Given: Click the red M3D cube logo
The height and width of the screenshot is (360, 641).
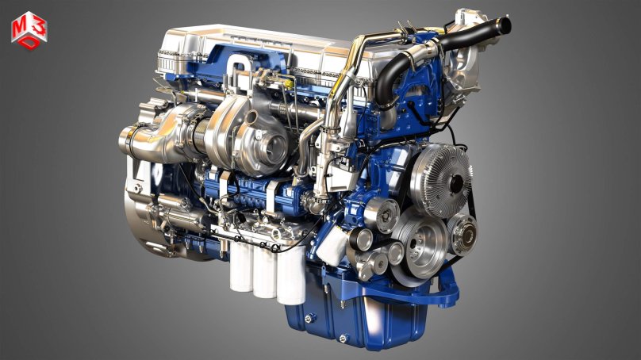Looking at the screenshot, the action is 29,31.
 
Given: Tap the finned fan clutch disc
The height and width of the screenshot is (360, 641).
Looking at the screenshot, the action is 441,180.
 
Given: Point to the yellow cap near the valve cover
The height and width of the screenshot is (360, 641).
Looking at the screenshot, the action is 289,85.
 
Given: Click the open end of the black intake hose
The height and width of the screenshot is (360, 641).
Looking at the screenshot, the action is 505,25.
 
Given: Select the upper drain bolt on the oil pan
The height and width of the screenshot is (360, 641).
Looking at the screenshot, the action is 309,317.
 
